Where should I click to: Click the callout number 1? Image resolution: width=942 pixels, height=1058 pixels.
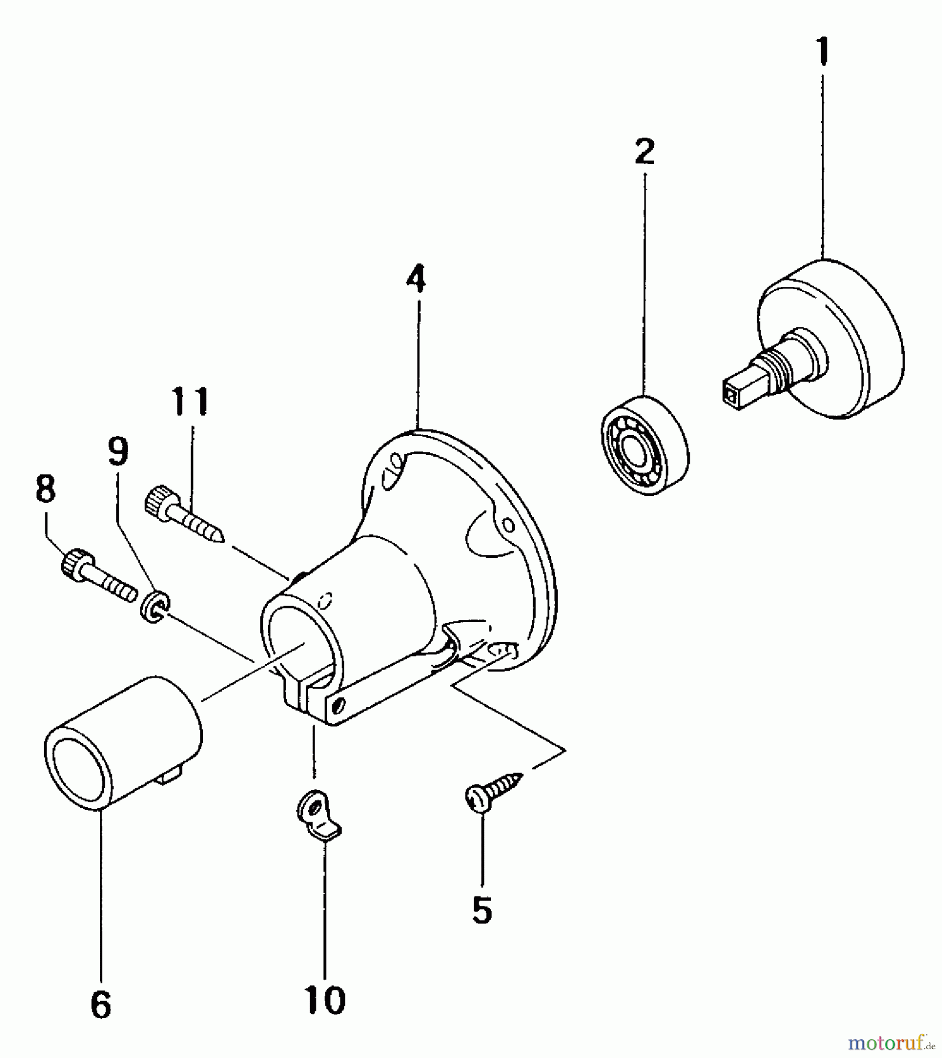(x=823, y=51)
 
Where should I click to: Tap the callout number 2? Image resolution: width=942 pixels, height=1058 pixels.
(x=644, y=152)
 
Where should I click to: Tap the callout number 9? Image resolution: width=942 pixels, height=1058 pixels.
(x=118, y=451)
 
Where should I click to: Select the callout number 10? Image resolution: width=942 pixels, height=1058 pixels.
(x=325, y=998)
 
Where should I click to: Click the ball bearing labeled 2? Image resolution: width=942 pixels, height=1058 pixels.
(x=644, y=446)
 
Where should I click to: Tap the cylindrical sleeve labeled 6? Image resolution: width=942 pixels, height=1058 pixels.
(x=122, y=742)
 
